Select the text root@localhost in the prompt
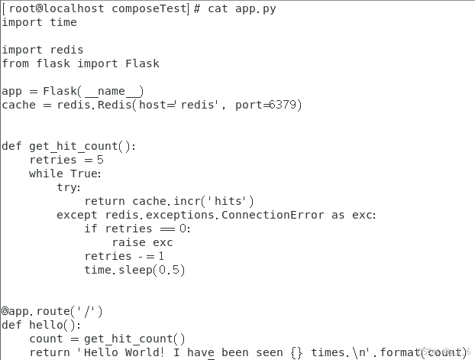[x=47, y=8]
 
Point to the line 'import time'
[x=39, y=22]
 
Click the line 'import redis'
[x=43, y=50]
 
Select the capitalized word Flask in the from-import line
[x=143, y=63]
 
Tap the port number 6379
[x=285, y=105]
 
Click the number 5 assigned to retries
[x=100, y=160]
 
